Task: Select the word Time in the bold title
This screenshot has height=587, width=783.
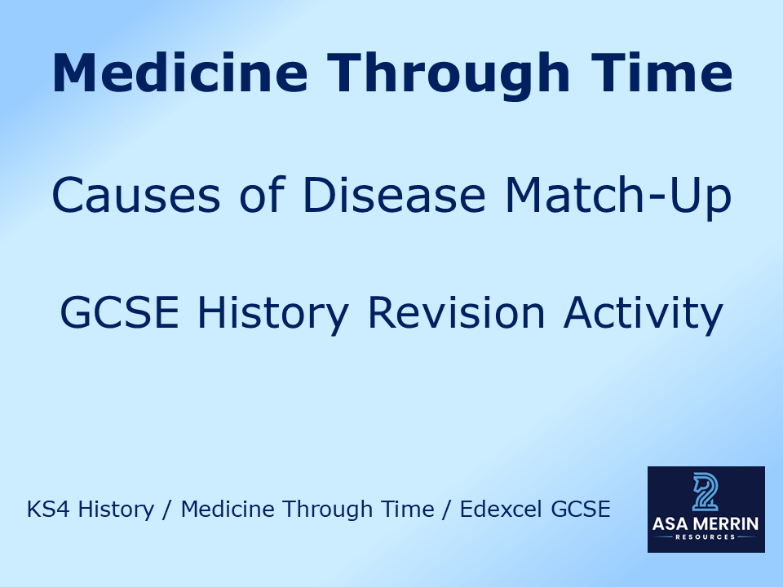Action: (661, 73)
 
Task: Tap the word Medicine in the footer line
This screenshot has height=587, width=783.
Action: (226, 510)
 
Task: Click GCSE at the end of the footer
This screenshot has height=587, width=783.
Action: (580, 510)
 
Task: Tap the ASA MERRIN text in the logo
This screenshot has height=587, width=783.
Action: (706, 524)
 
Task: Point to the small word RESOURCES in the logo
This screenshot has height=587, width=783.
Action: (706, 537)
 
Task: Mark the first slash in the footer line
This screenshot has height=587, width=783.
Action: (166, 510)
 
